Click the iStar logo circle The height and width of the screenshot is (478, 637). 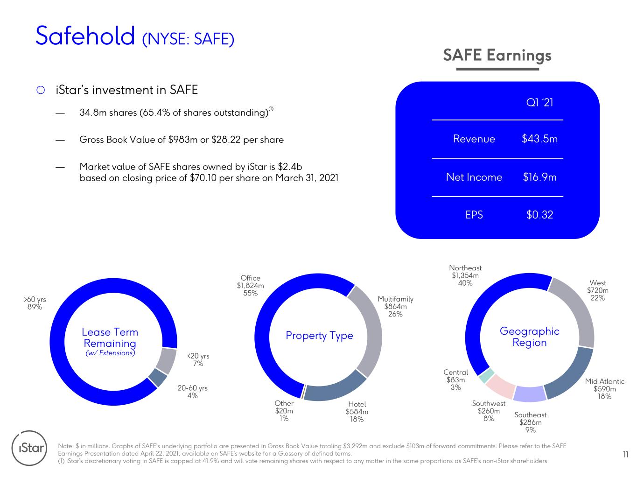[29, 448]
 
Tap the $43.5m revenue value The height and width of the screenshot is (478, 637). [539, 139]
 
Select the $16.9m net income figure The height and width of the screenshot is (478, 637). [539, 177]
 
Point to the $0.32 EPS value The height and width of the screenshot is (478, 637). [539, 215]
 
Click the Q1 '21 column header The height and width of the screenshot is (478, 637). [539, 102]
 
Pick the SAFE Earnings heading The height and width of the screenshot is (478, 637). [497, 56]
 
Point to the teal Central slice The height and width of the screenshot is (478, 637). [486, 376]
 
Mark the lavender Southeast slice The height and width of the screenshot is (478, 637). [530, 394]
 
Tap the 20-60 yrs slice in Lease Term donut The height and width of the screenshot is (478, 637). [158, 378]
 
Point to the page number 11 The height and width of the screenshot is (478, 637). [626, 455]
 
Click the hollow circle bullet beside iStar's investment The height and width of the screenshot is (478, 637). [41, 90]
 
